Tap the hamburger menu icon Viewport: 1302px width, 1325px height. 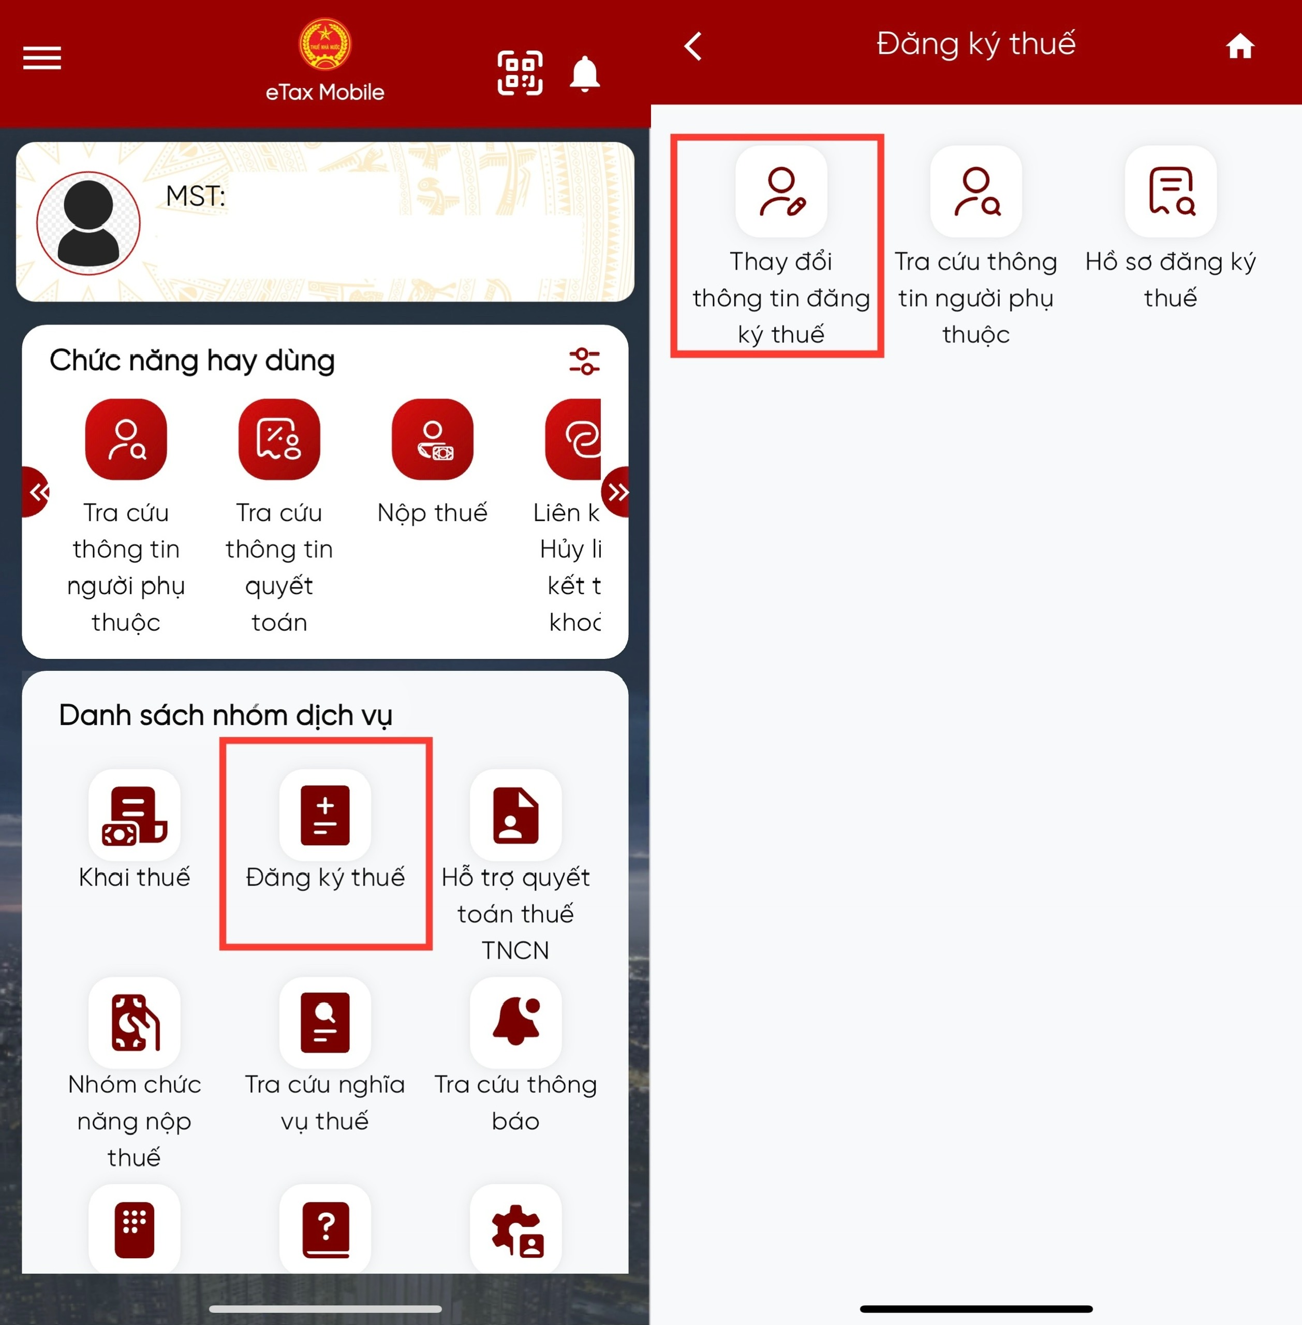click(x=42, y=58)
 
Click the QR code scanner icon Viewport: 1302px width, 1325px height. click(x=520, y=72)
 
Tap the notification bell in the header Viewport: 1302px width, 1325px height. click(x=585, y=74)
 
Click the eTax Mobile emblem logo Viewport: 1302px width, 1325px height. click(x=325, y=44)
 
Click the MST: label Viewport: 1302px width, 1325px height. click(x=196, y=196)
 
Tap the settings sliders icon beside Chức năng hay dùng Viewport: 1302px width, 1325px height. click(x=585, y=361)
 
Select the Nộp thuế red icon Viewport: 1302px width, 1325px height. click(x=432, y=439)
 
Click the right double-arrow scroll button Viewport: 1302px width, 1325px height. click(x=617, y=492)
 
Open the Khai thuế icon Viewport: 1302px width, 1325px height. click(x=135, y=815)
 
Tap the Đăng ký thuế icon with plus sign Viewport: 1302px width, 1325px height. click(x=325, y=815)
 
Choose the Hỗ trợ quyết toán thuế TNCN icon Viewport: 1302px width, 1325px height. click(x=515, y=815)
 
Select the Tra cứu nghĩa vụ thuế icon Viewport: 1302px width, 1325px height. click(x=325, y=1022)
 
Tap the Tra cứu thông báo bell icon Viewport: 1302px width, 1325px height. click(x=515, y=1022)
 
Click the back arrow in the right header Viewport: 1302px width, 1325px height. click(x=693, y=47)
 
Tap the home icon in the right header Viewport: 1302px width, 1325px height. click(x=1240, y=47)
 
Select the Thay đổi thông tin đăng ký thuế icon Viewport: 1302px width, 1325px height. click(x=781, y=192)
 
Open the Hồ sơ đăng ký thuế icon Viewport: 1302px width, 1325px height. click(x=1171, y=192)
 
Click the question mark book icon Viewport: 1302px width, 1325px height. click(x=325, y=1229)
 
